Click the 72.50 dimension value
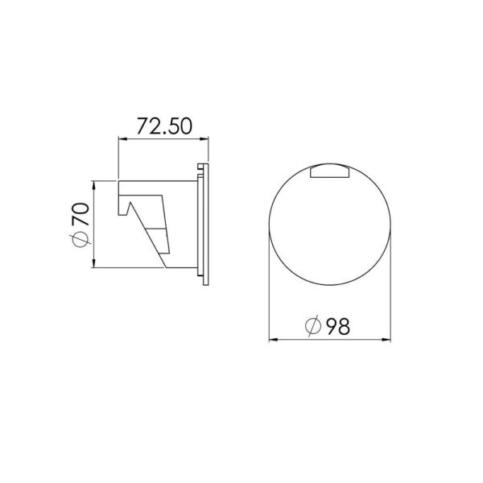(164, 126)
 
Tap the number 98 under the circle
(338, 327)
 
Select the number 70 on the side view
(80, 214)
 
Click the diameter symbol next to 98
(313, 326)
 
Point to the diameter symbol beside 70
(80, 239)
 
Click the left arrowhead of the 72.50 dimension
(123, 139)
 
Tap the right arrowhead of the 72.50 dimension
(204, 139)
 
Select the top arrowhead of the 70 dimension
(94, 185)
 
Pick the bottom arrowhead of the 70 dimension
(94, 262)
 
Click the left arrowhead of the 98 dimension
(274, 340)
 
